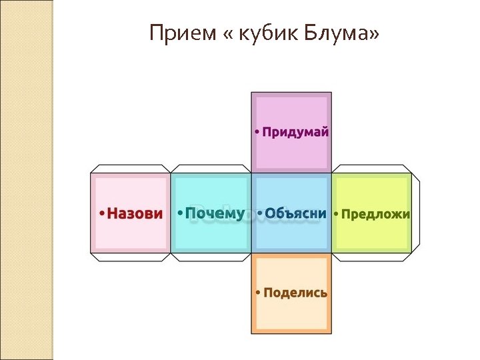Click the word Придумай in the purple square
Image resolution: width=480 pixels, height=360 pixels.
pos(295,132)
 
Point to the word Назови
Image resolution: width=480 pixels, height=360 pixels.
pos(135,214)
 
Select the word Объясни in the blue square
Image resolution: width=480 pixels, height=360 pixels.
pos(295,214)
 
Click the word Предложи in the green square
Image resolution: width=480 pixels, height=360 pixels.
pos(375,215)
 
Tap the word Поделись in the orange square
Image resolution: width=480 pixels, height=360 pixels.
pos(295,293)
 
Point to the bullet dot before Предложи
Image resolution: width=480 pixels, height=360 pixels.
pos(337,215)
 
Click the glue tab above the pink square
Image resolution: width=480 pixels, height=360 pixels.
pos(131,169)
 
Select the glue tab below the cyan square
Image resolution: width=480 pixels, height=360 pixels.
pos(211,257)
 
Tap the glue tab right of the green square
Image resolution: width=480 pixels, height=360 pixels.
pos(415,213)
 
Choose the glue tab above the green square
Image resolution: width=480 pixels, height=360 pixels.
pos(371,169)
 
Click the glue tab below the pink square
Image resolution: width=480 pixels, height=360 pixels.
pos(131,257)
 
